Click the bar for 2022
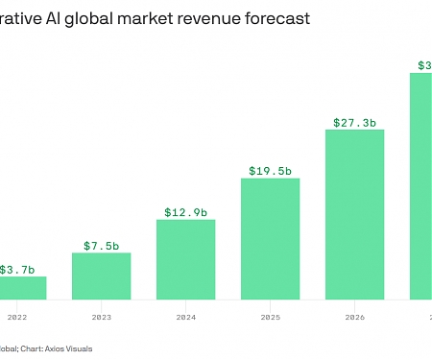pyautogui.click(x=22, y=288)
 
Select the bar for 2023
pyautogui.click(x=101, y=276)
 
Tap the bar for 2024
pyautogui.click(x=185, y=259)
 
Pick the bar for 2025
pyautogui.click(x=270, y=238)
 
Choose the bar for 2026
pyautogui.click(x=354, y=214)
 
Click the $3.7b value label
pyautogui.click(x=17, y=270)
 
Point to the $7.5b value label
pyautogui.click(x=101, y=246)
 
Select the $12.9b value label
pyautogui.click(x=185, y=212)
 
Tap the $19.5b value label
pyautogui.click(x=270, y=171)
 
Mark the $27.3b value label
pyautogui.click(x=354, y=123)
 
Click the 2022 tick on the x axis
pyautogui.click(x=17, y=315)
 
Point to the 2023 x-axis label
pyautogui.click(x=101, y=315)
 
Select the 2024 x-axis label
pyautogui.click(x=185, y=315)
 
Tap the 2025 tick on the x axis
pyautogui.click(x=270, y=315)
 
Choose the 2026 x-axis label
pyautogui.click(x=354, y=315)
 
